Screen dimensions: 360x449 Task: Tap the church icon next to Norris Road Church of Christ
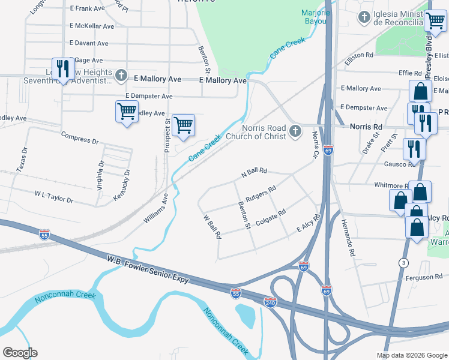point(294,131)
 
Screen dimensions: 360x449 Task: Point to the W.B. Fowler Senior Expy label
point(148,270)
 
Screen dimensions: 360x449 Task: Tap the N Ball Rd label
point(253,172)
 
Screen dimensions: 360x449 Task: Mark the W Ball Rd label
point(212,227)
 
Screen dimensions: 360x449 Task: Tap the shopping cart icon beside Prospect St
point(183,125)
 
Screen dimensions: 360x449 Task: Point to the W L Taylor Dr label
point(53,197)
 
